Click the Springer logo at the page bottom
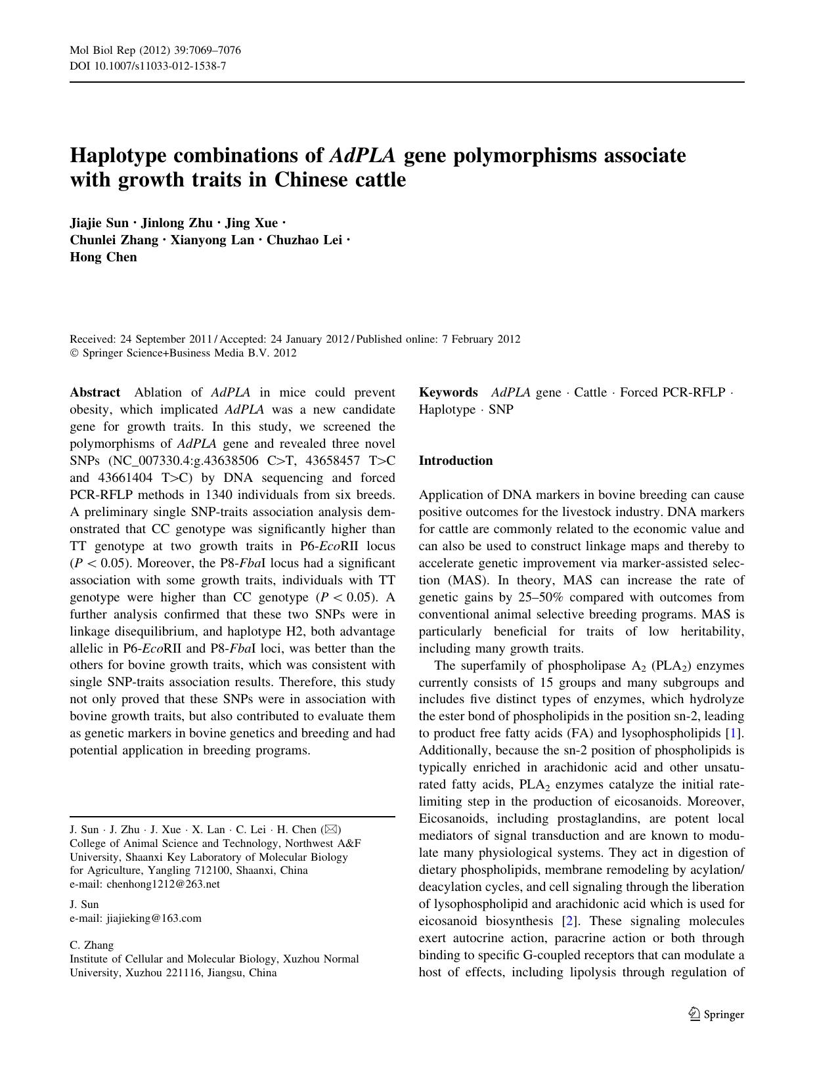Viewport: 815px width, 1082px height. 716,1014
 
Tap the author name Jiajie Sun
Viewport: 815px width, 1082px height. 99,223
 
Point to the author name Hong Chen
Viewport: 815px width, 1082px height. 103,257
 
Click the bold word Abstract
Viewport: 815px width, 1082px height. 95,393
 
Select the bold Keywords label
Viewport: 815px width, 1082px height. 448,393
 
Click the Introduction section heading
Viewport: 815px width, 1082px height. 455,460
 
